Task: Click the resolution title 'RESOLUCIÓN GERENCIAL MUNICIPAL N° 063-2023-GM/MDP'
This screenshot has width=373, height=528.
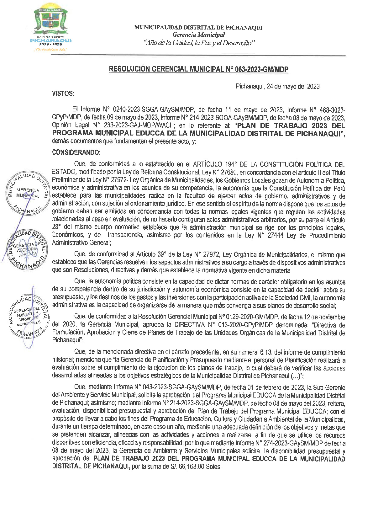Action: (198, 69)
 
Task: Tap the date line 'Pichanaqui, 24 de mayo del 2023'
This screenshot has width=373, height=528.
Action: (277, 87)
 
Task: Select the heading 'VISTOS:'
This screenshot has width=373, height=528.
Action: (63, 93)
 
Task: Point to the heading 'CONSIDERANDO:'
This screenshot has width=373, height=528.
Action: (76, 152)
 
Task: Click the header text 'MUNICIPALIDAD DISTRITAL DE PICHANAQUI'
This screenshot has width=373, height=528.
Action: (198, 28)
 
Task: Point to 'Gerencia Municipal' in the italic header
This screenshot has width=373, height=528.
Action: (198, 35)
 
